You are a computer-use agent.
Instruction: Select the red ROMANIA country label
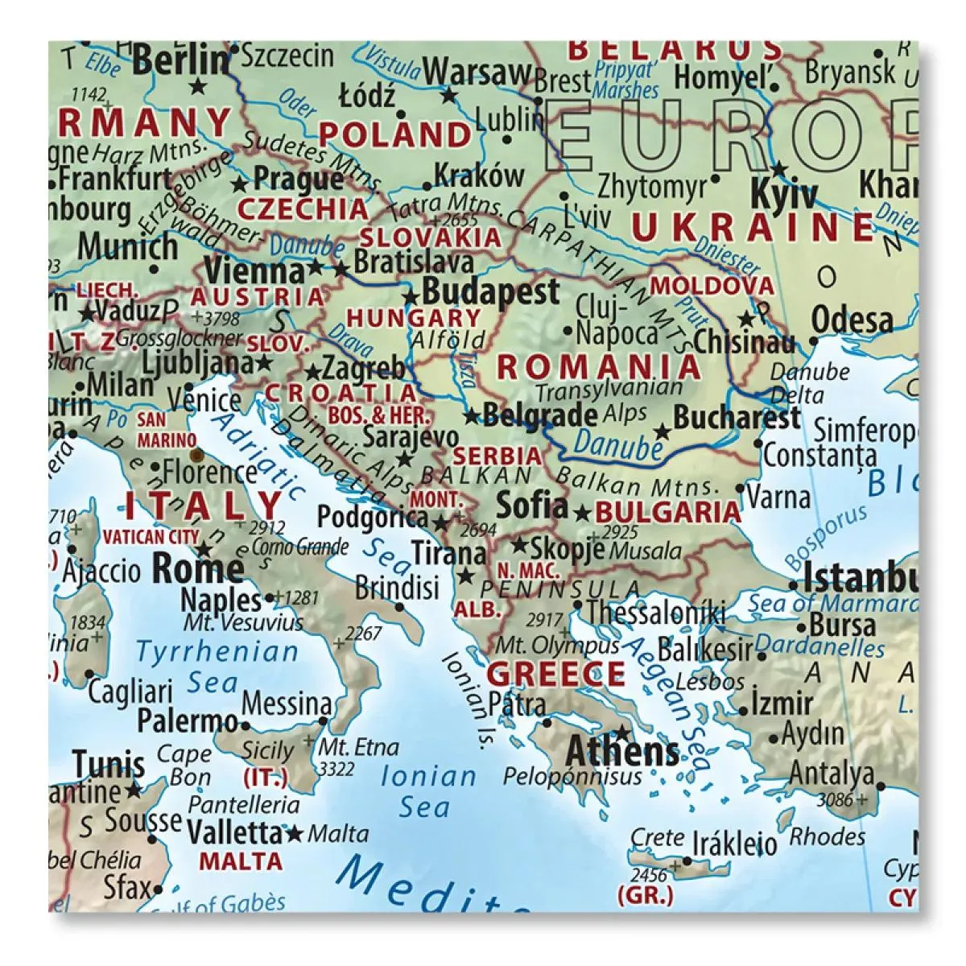click(x=600, y=367)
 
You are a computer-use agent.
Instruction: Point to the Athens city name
click(x=622, y=752)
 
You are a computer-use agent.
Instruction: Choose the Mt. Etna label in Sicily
click(x=348, y=747)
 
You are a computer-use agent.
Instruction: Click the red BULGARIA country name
click(x=667, y=512)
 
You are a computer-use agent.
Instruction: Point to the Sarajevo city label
click(x=411, y=437)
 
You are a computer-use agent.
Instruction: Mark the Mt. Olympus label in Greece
click(x=557, y=646)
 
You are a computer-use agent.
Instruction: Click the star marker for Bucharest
click(x=662, y=432)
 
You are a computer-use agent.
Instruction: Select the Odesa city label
click(x=852, y=320)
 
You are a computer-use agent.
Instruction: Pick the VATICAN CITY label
click(x=151, y=536)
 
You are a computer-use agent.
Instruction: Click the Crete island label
click(x=658, y=838)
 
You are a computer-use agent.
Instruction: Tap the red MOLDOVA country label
click(x=712, y=286)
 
